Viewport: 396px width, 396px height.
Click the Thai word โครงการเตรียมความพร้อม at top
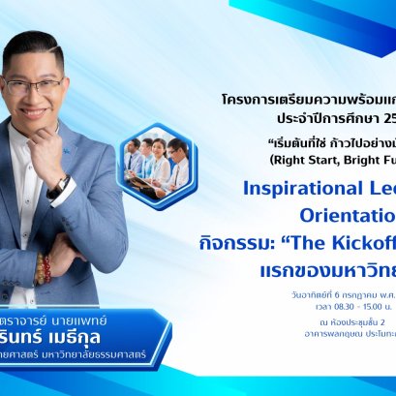pyautogui.click(x=290, y=100)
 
